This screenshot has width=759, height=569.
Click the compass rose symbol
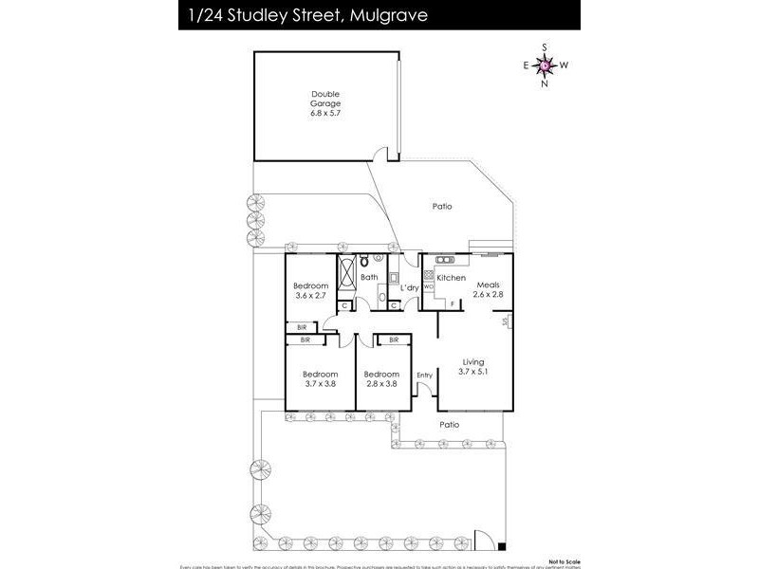point(545,64)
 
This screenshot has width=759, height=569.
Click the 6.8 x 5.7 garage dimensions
point(324,112)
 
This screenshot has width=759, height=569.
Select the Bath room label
point(369,277)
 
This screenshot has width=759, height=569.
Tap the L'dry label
point(409,287)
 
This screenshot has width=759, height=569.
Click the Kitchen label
point(451,277)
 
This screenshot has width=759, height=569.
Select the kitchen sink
point(443,258)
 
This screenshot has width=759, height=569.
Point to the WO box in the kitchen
point(428,284)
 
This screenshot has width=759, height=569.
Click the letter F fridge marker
point(453,303)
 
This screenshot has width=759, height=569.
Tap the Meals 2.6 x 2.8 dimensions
point(489,295)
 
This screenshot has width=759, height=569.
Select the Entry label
point(424,375)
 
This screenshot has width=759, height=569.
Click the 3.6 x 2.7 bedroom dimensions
point(310,296)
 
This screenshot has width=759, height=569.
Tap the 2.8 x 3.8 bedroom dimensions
point(382,384)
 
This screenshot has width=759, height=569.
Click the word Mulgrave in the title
point(389,14)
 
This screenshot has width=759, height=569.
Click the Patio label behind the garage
point(441,205)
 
